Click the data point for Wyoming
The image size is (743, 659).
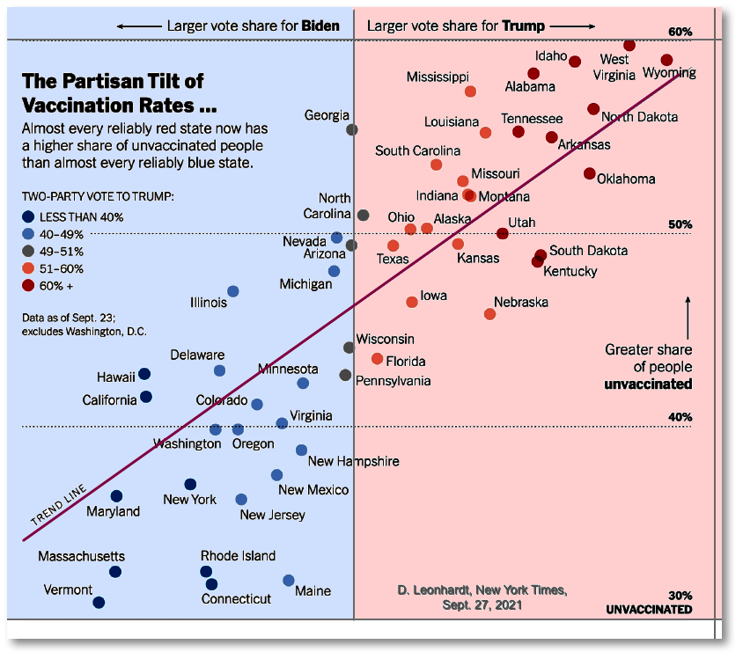(666, 60)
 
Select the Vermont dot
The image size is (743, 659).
(99, 603)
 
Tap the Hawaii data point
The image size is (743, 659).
(144, 375)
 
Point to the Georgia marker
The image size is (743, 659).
(352, 129)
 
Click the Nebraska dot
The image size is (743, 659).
(490, 314)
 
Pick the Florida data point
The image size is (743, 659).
(378, 358)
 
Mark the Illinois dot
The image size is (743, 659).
(232, 291)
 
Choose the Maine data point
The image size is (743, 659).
(289, 580)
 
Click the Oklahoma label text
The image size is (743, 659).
(626, 179)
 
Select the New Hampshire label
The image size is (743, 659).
(354, 461)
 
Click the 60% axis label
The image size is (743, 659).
(680, 32)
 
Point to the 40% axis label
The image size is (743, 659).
(680, 417)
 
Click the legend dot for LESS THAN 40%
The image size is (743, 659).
(29, 216)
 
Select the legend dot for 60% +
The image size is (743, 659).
(29, 285)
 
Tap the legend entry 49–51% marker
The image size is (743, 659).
(29, 251)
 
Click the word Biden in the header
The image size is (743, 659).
(320, 26)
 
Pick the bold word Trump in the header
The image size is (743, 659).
(524, 26)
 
